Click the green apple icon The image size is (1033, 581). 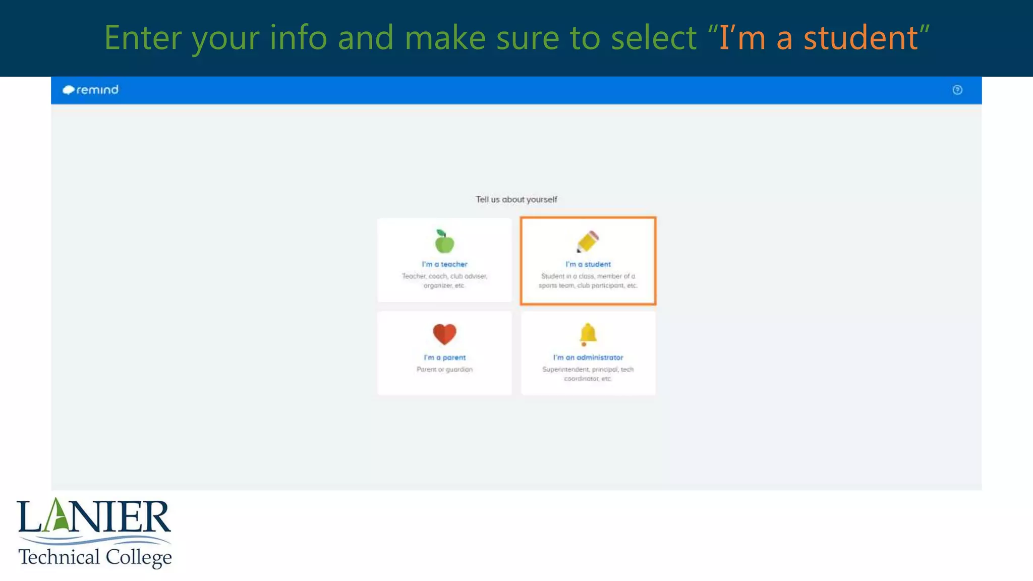click(444, 242)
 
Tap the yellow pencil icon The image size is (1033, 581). click(588, 242)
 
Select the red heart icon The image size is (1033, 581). click(444, 334)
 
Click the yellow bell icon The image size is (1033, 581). click(588, 334)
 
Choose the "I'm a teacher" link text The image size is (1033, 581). click(444, 264)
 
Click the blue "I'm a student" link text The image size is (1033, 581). click(588, 264)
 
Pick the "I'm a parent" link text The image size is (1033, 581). click(444, 358)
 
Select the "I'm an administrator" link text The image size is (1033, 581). click(588, 358)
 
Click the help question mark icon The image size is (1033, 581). click(957, 90)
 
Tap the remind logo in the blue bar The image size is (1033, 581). click(91, 90)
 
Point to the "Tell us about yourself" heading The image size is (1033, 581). click(516, 200)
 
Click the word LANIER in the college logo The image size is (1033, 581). click(94, 516)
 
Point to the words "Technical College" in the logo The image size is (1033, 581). click(95, 557)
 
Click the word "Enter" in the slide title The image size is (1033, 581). click(143, 38)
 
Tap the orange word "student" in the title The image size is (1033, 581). click(860, 38)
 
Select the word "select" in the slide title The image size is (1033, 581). click(654, 38)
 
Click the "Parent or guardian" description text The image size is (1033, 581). click(444, 370)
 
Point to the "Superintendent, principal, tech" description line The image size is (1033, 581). click(588, 370)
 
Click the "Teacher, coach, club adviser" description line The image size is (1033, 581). click(444, 276)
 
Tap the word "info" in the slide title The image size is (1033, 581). click(299, 38)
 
